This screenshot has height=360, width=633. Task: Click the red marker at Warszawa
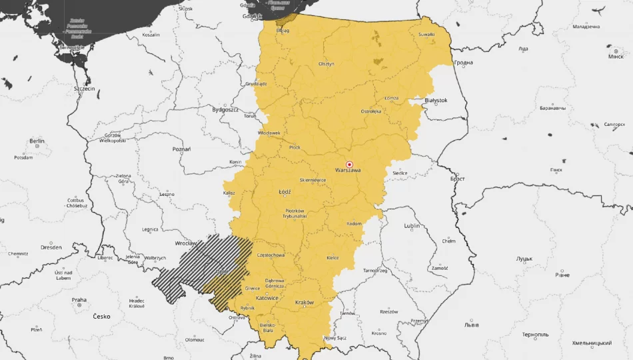point(348,164)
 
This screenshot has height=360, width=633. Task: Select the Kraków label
point(304,303)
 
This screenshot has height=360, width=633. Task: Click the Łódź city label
point(285,192)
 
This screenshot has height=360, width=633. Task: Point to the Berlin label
point(37,141)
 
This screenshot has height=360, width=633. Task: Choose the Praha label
point(79,300)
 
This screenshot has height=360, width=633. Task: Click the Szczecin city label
point(85,88)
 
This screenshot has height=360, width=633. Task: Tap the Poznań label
point(181,149)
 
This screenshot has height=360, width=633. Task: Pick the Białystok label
point(436,100)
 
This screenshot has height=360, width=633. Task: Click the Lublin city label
point(412,226)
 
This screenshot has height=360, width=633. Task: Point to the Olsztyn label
point(326,64)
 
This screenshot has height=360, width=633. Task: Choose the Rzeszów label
point(388,311)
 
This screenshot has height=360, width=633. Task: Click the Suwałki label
point(426,34)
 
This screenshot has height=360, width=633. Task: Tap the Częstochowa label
point(270,255)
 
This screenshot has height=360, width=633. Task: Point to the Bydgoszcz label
point(225,109)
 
